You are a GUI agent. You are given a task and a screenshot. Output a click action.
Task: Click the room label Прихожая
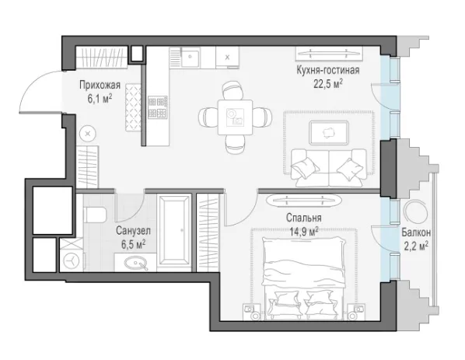[x=100, y=86]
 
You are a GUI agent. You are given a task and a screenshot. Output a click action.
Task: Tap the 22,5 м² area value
[x=328, y=84]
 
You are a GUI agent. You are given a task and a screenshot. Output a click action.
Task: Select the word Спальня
[x=304, y=218]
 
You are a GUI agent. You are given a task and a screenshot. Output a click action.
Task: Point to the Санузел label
[x=133, y=231]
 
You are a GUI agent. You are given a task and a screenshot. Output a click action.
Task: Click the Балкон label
[x=416, y=232]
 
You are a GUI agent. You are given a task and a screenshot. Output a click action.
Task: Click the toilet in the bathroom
[x=95, y=215]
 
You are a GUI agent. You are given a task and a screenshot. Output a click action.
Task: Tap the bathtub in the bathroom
[x=174, y=230]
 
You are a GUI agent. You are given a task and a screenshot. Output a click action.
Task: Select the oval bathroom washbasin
[x=136, y=263]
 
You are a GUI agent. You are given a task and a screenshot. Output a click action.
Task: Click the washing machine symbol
[x=72, y=261]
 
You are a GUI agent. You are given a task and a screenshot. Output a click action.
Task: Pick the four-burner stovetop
[x=158, y=107]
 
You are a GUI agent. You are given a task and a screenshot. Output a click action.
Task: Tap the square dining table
[x=235, y=117]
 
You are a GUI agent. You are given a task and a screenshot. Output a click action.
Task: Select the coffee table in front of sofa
[x=329, y=133]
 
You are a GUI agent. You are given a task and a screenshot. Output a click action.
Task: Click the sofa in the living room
[x=329, y=168]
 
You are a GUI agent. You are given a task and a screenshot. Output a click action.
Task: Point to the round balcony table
[x=416, y=211]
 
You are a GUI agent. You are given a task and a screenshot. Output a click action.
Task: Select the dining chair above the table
[x=233, y=90]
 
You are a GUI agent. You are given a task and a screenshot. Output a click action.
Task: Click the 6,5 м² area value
[x=133, y=245]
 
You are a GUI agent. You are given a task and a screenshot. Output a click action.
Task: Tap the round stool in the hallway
[x=88, y=134]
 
